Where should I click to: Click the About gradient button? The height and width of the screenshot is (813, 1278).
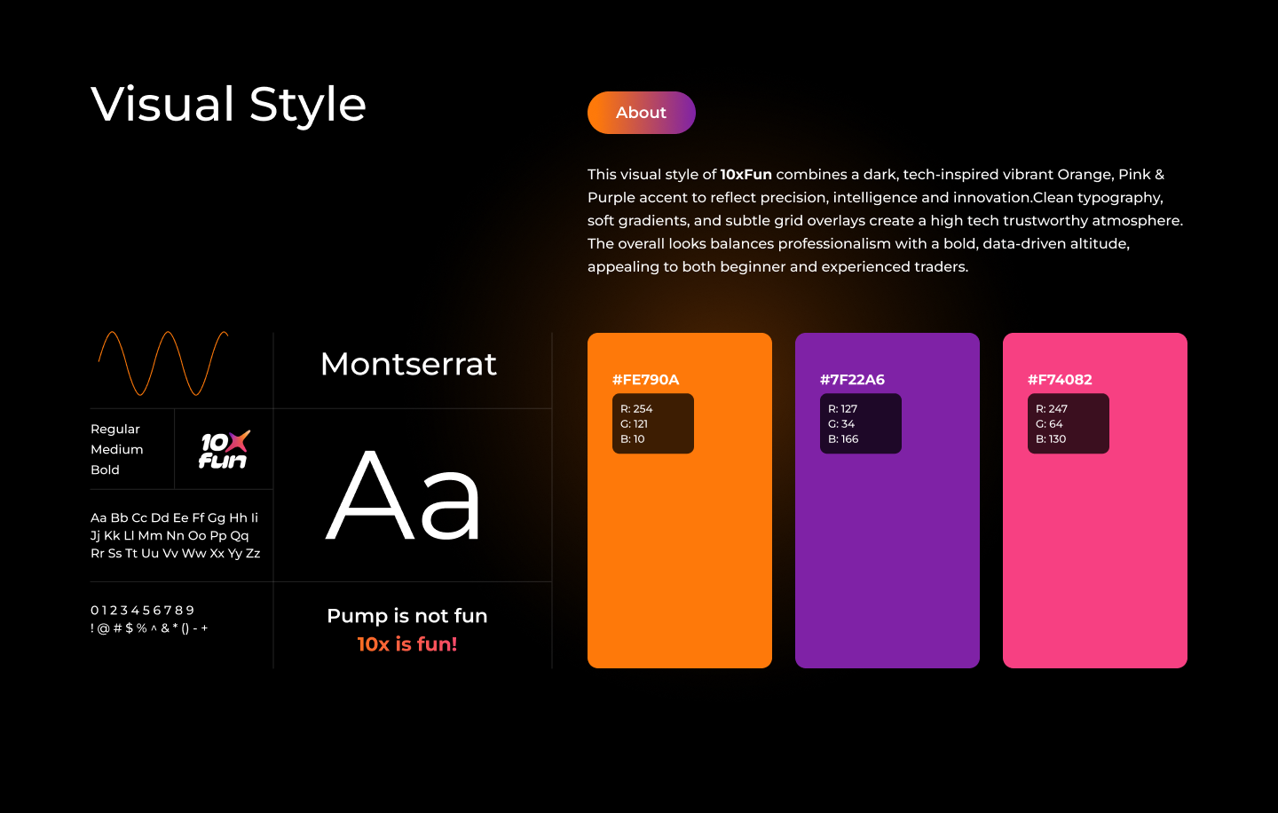pos(642,113)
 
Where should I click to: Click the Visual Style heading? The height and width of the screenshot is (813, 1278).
pos(228,105)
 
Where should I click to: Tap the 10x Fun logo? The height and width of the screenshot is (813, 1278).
pos(224,450)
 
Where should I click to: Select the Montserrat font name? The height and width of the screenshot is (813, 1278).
pos(408,364)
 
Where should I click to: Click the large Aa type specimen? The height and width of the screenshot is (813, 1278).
pos(403,494)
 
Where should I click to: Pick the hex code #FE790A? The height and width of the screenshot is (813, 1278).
pos(645,379)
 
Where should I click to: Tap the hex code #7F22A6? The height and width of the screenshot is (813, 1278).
pos(852,379)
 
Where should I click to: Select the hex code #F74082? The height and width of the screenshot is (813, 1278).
pos(1060,379)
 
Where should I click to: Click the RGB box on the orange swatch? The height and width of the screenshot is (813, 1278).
pos(652,423)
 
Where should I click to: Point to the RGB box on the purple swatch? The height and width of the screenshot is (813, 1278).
pos(860,423)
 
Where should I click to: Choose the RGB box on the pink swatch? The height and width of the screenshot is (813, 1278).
pos(1068,423)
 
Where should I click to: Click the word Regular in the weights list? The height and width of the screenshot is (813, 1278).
pos(115,430)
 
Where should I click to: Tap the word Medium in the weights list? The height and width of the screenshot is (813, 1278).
pos(117,450)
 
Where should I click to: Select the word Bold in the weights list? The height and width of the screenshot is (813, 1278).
pos(105,470)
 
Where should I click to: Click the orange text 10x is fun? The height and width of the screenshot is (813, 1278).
pos(406,644)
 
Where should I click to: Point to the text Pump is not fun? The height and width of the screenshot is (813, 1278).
pos(406,616)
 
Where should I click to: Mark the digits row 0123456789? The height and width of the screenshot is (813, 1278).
pos(142,611)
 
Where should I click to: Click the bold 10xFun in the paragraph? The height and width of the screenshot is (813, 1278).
pos(745,175)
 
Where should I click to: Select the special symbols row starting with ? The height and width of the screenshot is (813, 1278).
pos(149,628)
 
